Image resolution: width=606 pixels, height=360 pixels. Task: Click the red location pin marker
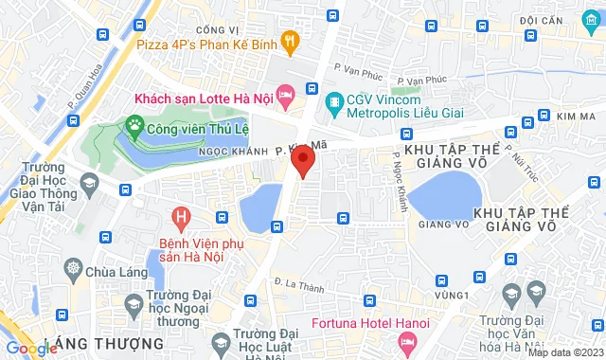tap(303, 162)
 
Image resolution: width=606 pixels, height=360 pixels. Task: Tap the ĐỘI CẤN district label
tap(542, 20)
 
